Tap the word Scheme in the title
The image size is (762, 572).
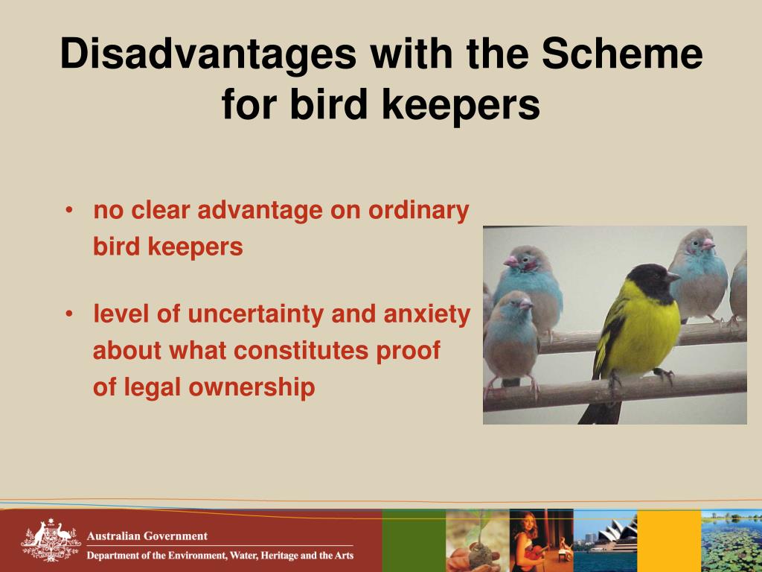(x=621, y=55)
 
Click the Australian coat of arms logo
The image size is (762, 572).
(x=50, y=541)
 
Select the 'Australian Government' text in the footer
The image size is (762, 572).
(x=147, y=536)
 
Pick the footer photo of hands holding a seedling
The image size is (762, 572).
(x=477, y=541)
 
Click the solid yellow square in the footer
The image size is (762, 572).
(x=669, y=541)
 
